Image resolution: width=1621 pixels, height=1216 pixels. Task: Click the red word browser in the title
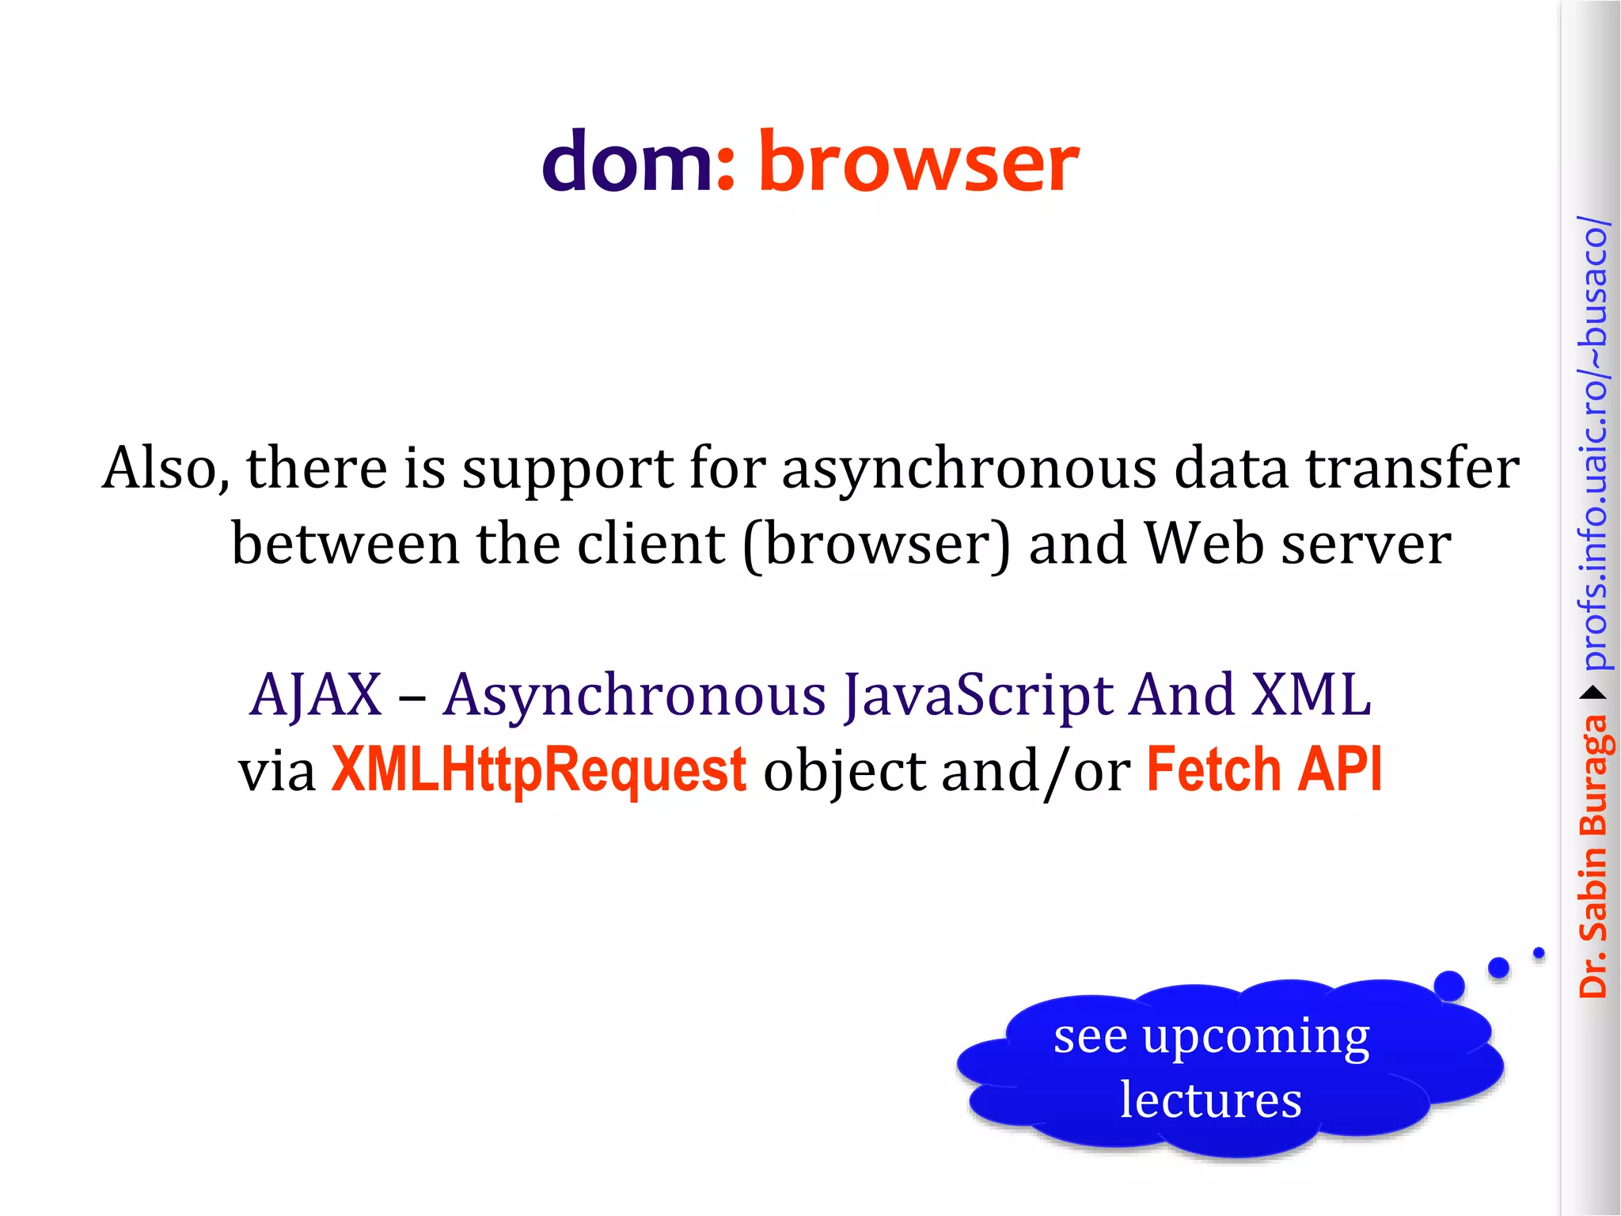coord(918,162)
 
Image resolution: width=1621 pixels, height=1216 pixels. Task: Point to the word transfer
coord(1412,467)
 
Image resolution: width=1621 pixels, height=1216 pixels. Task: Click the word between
coord(345,544)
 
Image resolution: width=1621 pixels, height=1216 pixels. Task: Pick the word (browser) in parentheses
coord(877,545)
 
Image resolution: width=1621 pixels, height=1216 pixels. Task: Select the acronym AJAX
coord(315,695)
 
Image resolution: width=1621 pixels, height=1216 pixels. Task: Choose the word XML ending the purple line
coord(1312,695)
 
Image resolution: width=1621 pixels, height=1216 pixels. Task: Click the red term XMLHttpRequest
coord(538,769)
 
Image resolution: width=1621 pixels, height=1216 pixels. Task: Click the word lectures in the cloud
coord(1210,1100)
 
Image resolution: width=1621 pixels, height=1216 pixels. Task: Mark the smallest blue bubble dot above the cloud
coord(1539,953)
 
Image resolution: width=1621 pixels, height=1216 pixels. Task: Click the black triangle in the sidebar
coord(1594,693)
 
